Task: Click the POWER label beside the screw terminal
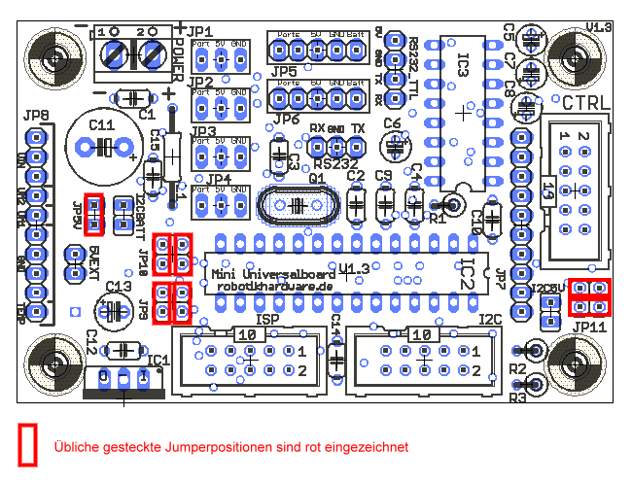[x=178, y=57]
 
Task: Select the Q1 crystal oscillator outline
[x=297, y=205]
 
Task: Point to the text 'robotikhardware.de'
[x=274, y=287]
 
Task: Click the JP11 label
[x=589, y=328]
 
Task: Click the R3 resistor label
[x=517, y=398]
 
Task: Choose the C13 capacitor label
[x=118, y=287]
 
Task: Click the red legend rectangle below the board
[x=28, y=445]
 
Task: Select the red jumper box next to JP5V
[x=94, y=215]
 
